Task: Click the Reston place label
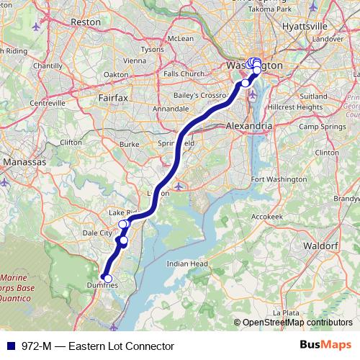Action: pyautogui.click(x=86, y=22)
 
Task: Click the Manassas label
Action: pyautogui.click(x=24, y=163)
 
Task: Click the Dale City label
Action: pyautogui.click(x=98, y=233)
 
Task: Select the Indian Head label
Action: pyautogui.click(x=187, y=264)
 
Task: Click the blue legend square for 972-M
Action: pyautogui.click(x=8, y=346)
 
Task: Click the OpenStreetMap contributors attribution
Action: pyautogui.click(x=297, y=323)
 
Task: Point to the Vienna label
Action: pyautogui.click(x=135, y=61)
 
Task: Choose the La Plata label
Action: pyautogui.click(x=286, y=313)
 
